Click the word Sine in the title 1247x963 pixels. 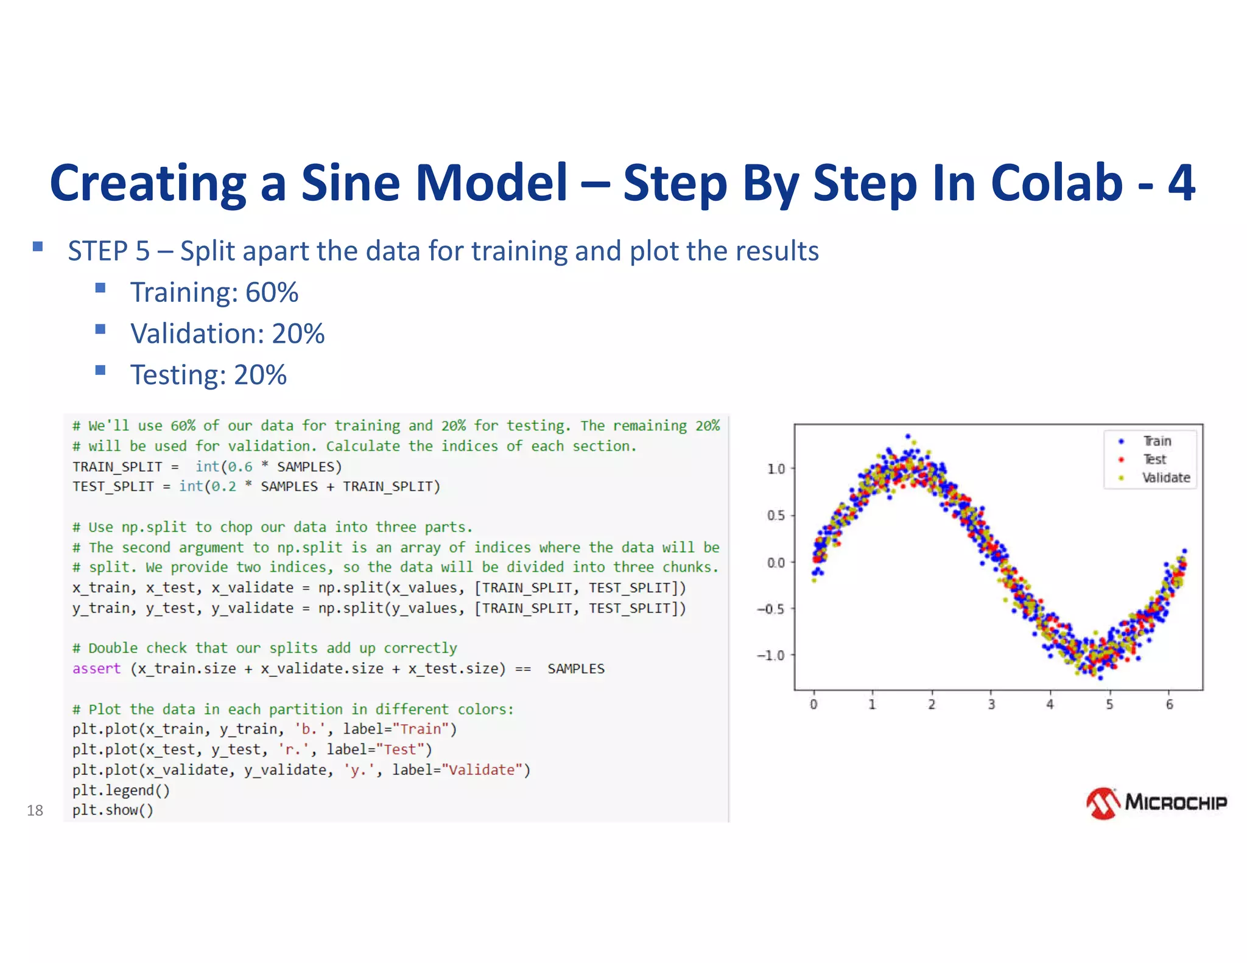click(x=350, y=183)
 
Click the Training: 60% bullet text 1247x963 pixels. click(x=214, y=292)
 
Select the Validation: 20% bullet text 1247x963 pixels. click(x=227, y=334)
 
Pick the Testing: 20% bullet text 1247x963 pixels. click(x=208, y=375)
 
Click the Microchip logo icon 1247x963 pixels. click(x=1103, y=804)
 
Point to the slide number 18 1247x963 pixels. click(x=35, y=810)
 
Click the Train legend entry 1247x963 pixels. click(x=1156, y=441)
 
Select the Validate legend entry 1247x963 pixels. click(x=1165, y=478)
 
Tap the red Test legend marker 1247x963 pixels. click(x=1121, y=460)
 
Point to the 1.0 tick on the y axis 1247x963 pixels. click(x=776, y=469)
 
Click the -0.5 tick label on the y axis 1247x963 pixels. click(x=771, y=609)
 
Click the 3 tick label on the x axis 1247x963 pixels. click(x=991, y=704)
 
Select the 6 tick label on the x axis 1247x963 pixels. click(x=1169, y=704)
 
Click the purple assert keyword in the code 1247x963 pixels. click(x=96, y=668)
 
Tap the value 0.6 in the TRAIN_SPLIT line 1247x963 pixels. click(x=240, y=467)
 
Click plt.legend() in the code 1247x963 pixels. click(x=121, y=790)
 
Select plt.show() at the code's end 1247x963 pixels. click(x=113, y=810)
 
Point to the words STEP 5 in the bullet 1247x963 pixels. click(x=108, y=251)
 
